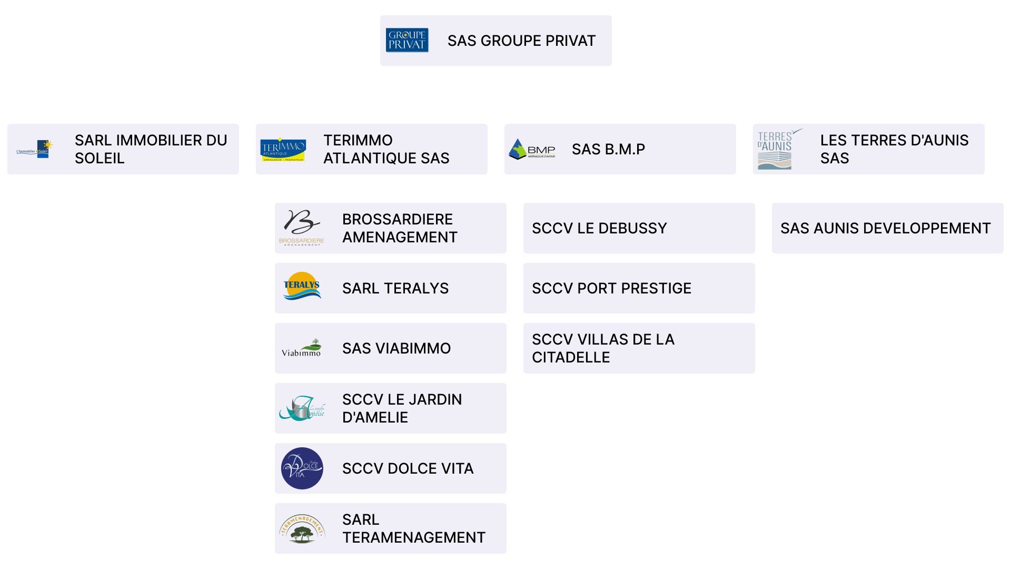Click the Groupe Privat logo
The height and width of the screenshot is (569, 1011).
click(407, 40)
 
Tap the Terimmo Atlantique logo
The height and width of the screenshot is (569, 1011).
click(283, 150)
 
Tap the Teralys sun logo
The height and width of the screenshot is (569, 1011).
click(302, 287)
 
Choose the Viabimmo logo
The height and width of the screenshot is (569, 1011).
click(302, 348)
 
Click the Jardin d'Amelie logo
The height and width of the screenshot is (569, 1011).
click(302, 408)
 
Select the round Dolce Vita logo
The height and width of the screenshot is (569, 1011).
click(302, 468)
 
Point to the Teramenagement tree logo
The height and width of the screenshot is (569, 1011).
click(302, 529)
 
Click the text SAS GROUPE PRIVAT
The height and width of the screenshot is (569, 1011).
click(521, 41)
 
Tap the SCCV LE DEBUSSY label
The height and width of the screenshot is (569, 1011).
click(599, 228)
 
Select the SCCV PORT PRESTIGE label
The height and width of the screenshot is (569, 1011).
click(611, 288)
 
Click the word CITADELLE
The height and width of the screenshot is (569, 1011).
click(571, 357)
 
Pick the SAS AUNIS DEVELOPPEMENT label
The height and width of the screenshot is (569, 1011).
click(885, 228)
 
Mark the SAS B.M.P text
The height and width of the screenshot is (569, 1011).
click(608, 149)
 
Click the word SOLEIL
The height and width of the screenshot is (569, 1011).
click(100, 158)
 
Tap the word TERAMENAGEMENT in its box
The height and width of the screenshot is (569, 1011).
click(413, 537)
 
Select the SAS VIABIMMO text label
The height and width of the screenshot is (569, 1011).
click(396, 348)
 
